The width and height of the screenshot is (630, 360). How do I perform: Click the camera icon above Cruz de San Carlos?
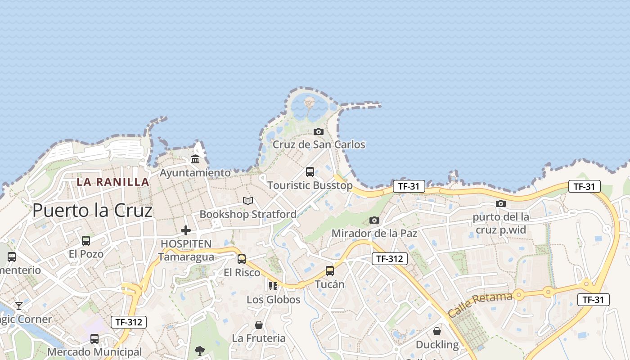click(319, 131)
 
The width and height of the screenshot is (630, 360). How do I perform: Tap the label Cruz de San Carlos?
click(319, 144)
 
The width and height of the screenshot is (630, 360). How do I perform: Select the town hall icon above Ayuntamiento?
click(195, 159)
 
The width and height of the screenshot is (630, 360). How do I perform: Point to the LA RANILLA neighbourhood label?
click(112, 182)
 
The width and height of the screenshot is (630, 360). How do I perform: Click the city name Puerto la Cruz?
click(92, 210)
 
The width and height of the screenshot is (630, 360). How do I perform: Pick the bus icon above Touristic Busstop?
click(310, 171)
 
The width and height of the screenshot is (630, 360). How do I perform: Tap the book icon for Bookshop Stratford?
click(248, 201)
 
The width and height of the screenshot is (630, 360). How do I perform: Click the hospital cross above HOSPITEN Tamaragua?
click(185, 230)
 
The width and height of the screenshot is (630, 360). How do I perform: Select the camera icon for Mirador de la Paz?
click(374, 220)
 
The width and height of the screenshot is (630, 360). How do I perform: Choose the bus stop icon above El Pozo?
click(86, 240)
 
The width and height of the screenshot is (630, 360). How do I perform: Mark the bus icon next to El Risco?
click(242, 259)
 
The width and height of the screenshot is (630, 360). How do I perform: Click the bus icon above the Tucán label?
click(330, 270)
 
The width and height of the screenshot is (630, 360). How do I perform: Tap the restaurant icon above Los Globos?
click(273, 286)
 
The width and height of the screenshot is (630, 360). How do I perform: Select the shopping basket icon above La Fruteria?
click(259, 324)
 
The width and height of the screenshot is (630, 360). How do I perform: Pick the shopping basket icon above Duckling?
click(437, 331)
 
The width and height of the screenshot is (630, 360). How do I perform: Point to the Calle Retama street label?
click(480, 304)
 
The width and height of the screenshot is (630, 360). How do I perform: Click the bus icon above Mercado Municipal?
click(94, 338)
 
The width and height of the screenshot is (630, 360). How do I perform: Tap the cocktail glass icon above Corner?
click(19, 306)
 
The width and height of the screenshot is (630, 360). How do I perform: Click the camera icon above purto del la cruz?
click(501, 203)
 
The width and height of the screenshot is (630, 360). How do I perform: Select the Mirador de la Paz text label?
click(374, 234)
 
